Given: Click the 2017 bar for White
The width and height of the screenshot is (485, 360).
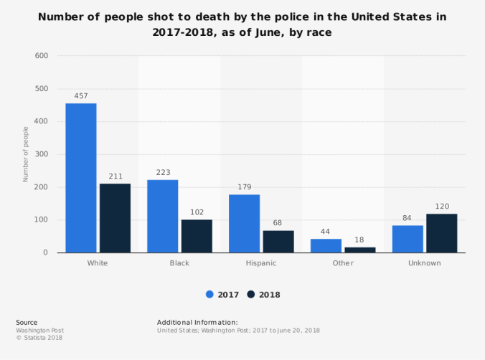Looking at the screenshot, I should point(81,178).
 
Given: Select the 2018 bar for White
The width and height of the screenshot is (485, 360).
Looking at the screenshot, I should point(115,218).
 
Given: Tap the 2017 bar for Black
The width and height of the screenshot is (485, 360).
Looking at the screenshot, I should point(163,216).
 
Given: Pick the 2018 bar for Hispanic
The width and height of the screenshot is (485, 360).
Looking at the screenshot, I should point(278,242).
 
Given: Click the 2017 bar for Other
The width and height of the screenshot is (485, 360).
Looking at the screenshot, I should point(326,246).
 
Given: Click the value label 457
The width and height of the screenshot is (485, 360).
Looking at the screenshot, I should point(81,95).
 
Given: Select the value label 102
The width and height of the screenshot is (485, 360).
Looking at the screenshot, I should point(197,212).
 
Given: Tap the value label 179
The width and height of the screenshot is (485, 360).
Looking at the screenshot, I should point(244,186).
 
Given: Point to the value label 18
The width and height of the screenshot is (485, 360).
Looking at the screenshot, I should point(359,240).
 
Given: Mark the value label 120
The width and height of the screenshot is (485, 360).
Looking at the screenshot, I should point(442,206).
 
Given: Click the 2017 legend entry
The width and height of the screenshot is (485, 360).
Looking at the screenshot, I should point(223,295).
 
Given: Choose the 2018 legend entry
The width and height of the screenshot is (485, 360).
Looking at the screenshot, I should point(263,295).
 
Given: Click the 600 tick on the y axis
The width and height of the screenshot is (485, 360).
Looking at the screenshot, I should point(41,56).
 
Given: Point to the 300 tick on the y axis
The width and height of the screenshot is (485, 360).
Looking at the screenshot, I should point(41,154).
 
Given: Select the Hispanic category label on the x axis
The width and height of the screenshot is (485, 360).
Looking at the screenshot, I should point(261,263).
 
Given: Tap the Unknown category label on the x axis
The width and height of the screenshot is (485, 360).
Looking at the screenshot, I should point(425,263).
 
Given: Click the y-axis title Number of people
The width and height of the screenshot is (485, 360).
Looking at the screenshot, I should point(25,154).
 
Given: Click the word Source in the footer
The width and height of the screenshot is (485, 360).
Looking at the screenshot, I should point(27,323).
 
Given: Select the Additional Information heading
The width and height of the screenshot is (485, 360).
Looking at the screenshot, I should point(197,323).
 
